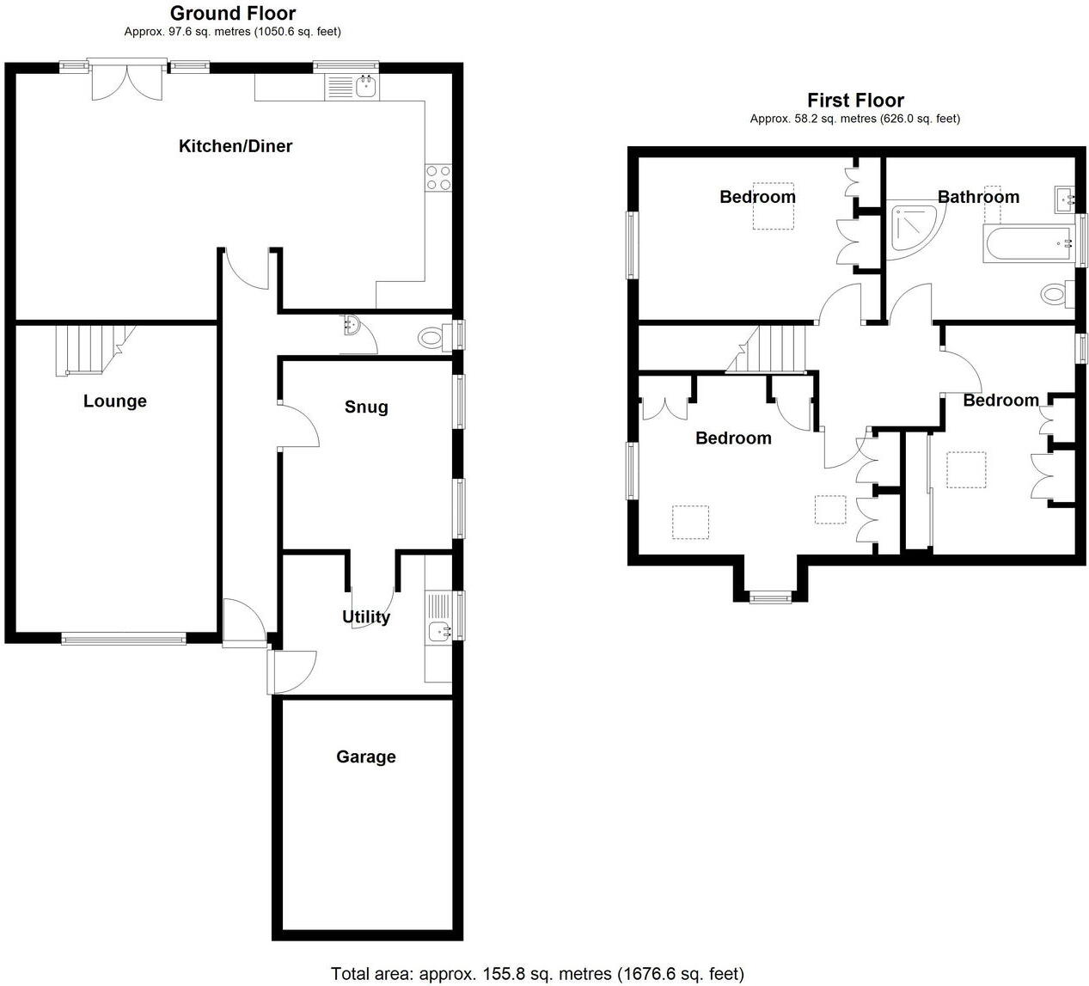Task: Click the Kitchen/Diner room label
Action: [235, 146]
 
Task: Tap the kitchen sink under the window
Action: [353, 86]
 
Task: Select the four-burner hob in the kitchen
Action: [438, 177]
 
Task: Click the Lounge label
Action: [114, 401]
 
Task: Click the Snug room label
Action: [366, 407]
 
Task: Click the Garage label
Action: [365, 756]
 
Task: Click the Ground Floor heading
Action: [232, 13]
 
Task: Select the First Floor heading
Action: [854, 101]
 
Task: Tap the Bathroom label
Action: [978, 197]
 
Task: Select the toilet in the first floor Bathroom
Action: [1055, 295]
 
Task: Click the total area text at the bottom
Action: [537, 973]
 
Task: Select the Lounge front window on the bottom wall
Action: [123, 638]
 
